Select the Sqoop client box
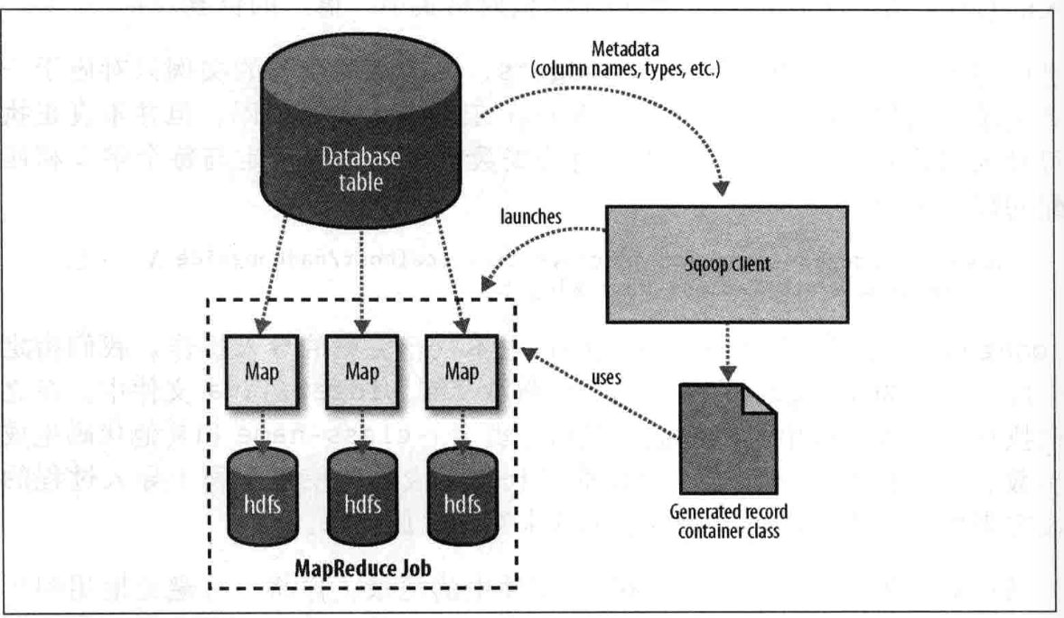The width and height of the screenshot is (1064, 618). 726,270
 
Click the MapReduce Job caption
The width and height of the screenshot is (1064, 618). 365,570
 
